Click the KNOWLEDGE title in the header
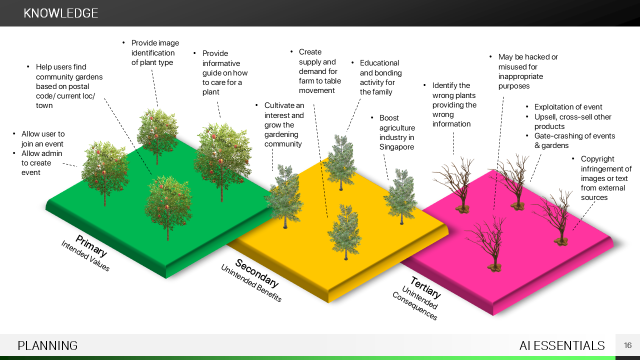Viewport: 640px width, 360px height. tap(61, 13)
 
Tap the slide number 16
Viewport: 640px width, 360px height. tap(628, 345)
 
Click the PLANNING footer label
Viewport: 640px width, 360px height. tap(47, 345)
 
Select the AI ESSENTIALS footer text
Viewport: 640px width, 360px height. tap(562, 345)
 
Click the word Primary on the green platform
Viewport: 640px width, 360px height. tap(91, 245)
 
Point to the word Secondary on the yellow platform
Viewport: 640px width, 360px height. tap(256, 273)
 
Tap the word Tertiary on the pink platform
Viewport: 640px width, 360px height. tap(425, 287)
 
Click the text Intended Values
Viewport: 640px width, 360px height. tap(85, 256)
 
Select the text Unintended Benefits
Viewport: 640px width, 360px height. tap(251, 283)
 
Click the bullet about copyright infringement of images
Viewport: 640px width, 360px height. tap(605, 178)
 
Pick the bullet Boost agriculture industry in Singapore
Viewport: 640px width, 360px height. tap(396, 132)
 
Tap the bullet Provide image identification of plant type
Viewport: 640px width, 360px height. tap(154, 52)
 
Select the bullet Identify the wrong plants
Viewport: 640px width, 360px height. tap(454, 104)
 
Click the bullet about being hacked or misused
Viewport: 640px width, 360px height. tap(527, 71)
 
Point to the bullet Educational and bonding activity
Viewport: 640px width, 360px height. tap(380, 77)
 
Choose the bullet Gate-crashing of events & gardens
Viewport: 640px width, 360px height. tap(574, 140)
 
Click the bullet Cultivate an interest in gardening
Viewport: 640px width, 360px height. tap(283, 124)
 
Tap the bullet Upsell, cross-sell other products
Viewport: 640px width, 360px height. tap(572, 121)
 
